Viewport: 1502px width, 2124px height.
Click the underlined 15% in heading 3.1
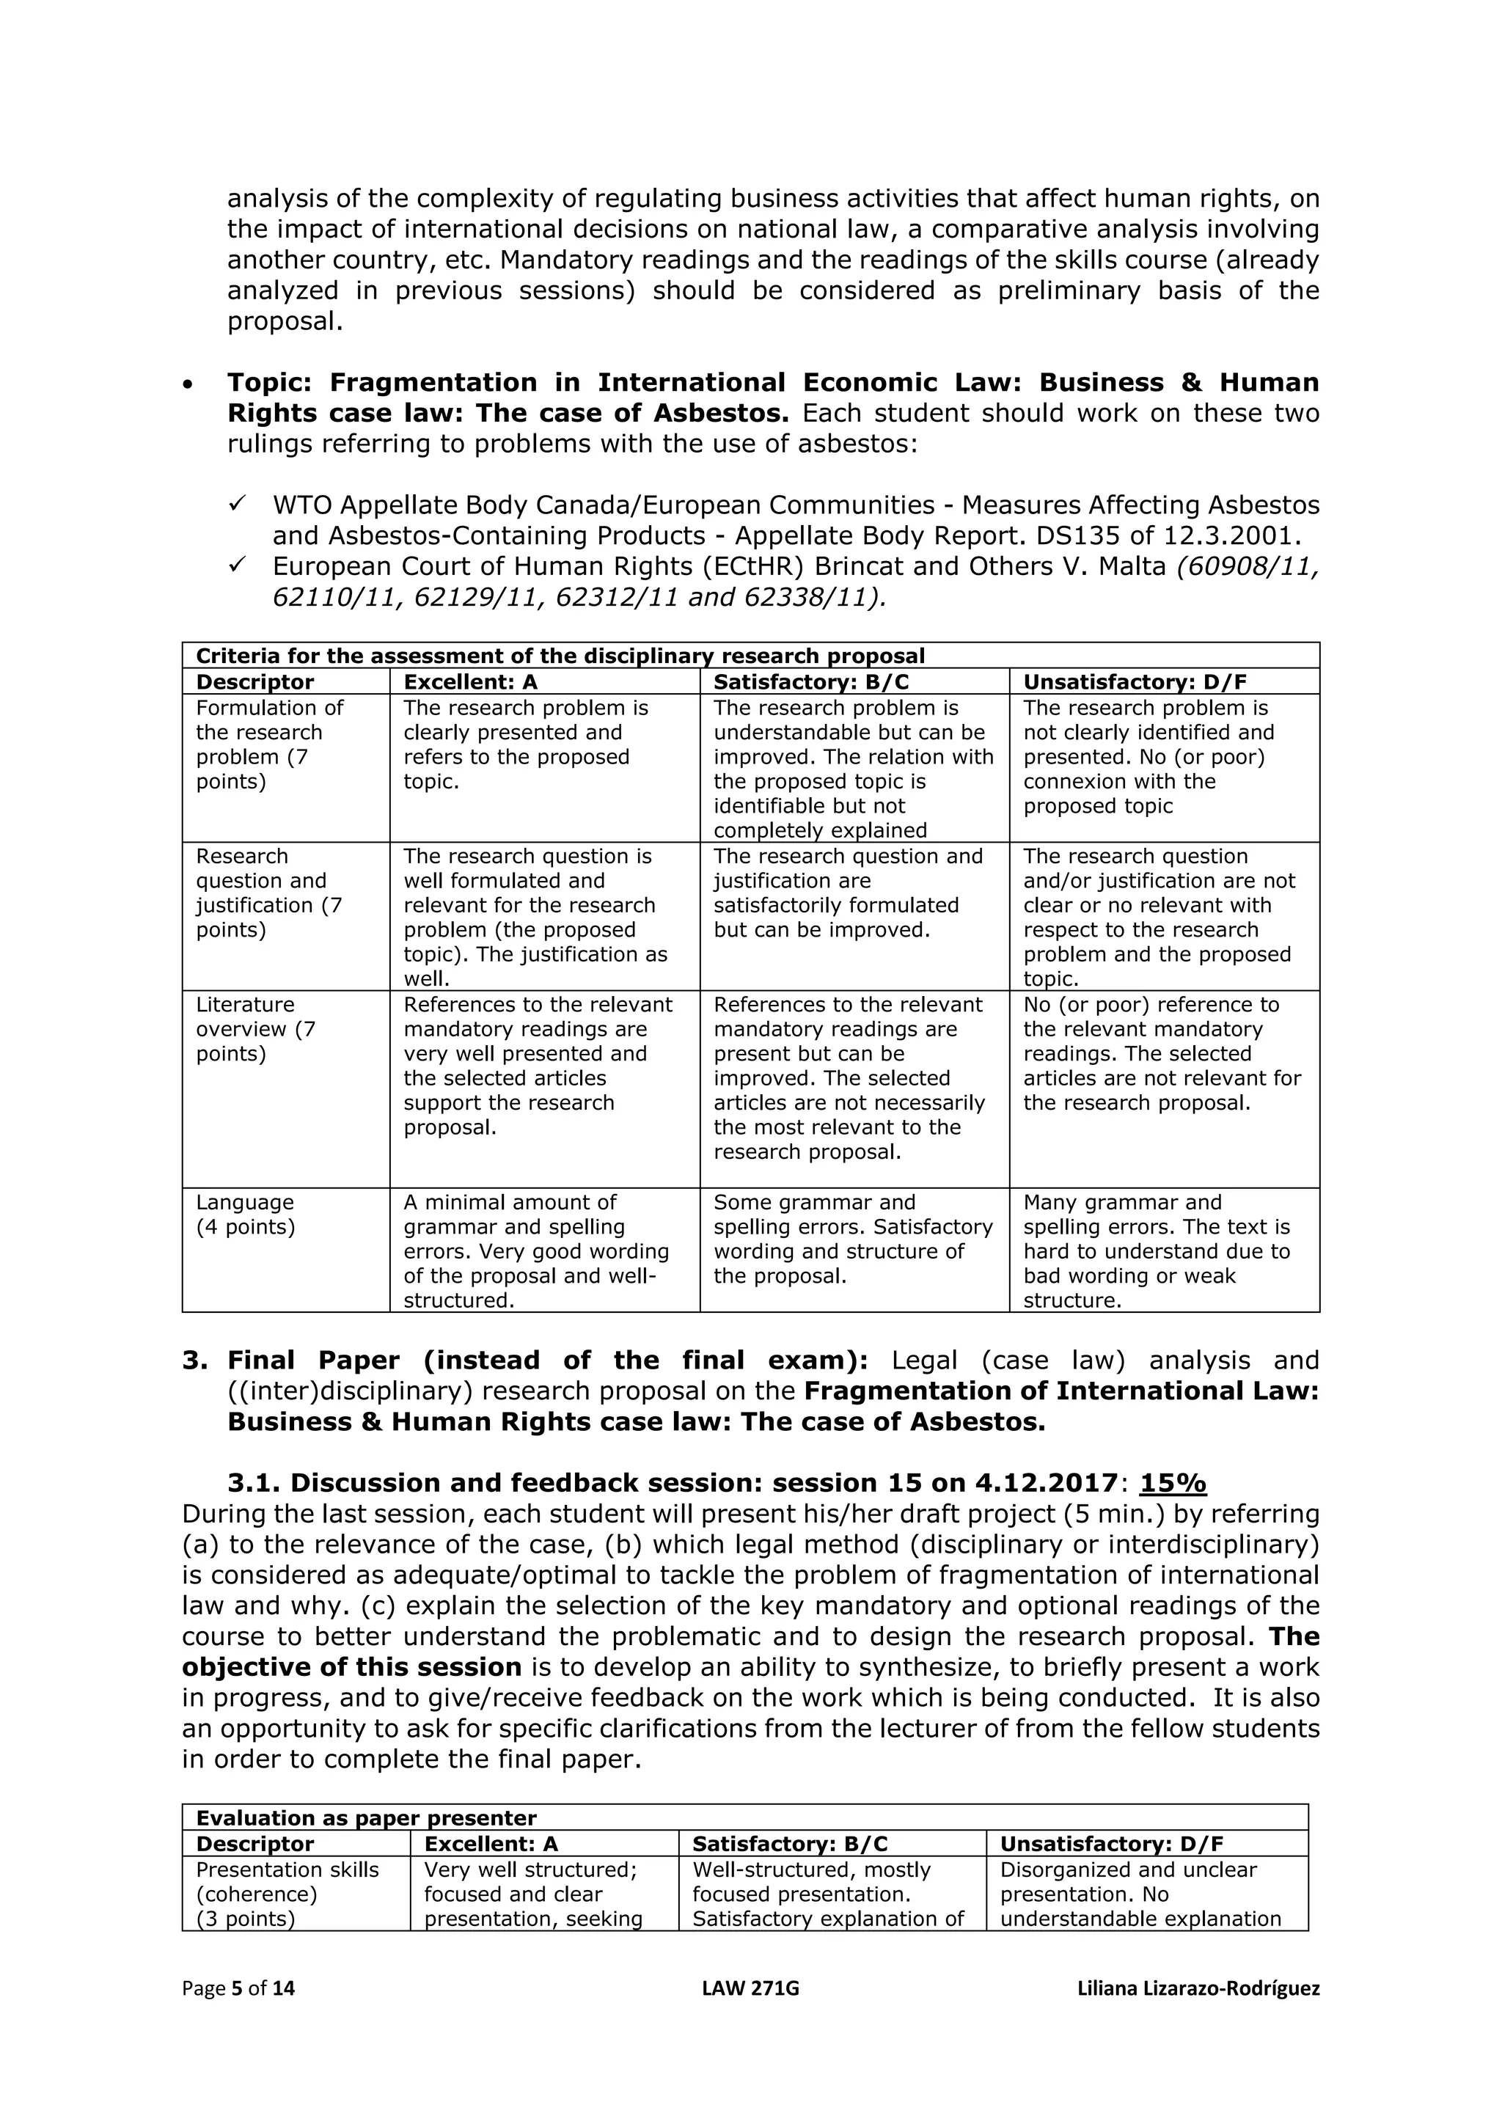click(1172, 1483)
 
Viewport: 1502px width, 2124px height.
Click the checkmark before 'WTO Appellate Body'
click(237, 503)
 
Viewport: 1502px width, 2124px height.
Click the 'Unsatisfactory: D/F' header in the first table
click(1135, 682)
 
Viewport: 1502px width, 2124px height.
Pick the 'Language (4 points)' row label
click(245, 1214)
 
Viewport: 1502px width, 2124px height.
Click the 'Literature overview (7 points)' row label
click(255, 1029)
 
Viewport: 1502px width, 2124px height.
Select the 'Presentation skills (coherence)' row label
click(287, 1882)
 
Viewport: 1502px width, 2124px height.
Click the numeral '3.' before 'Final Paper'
click(195, 1361)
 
